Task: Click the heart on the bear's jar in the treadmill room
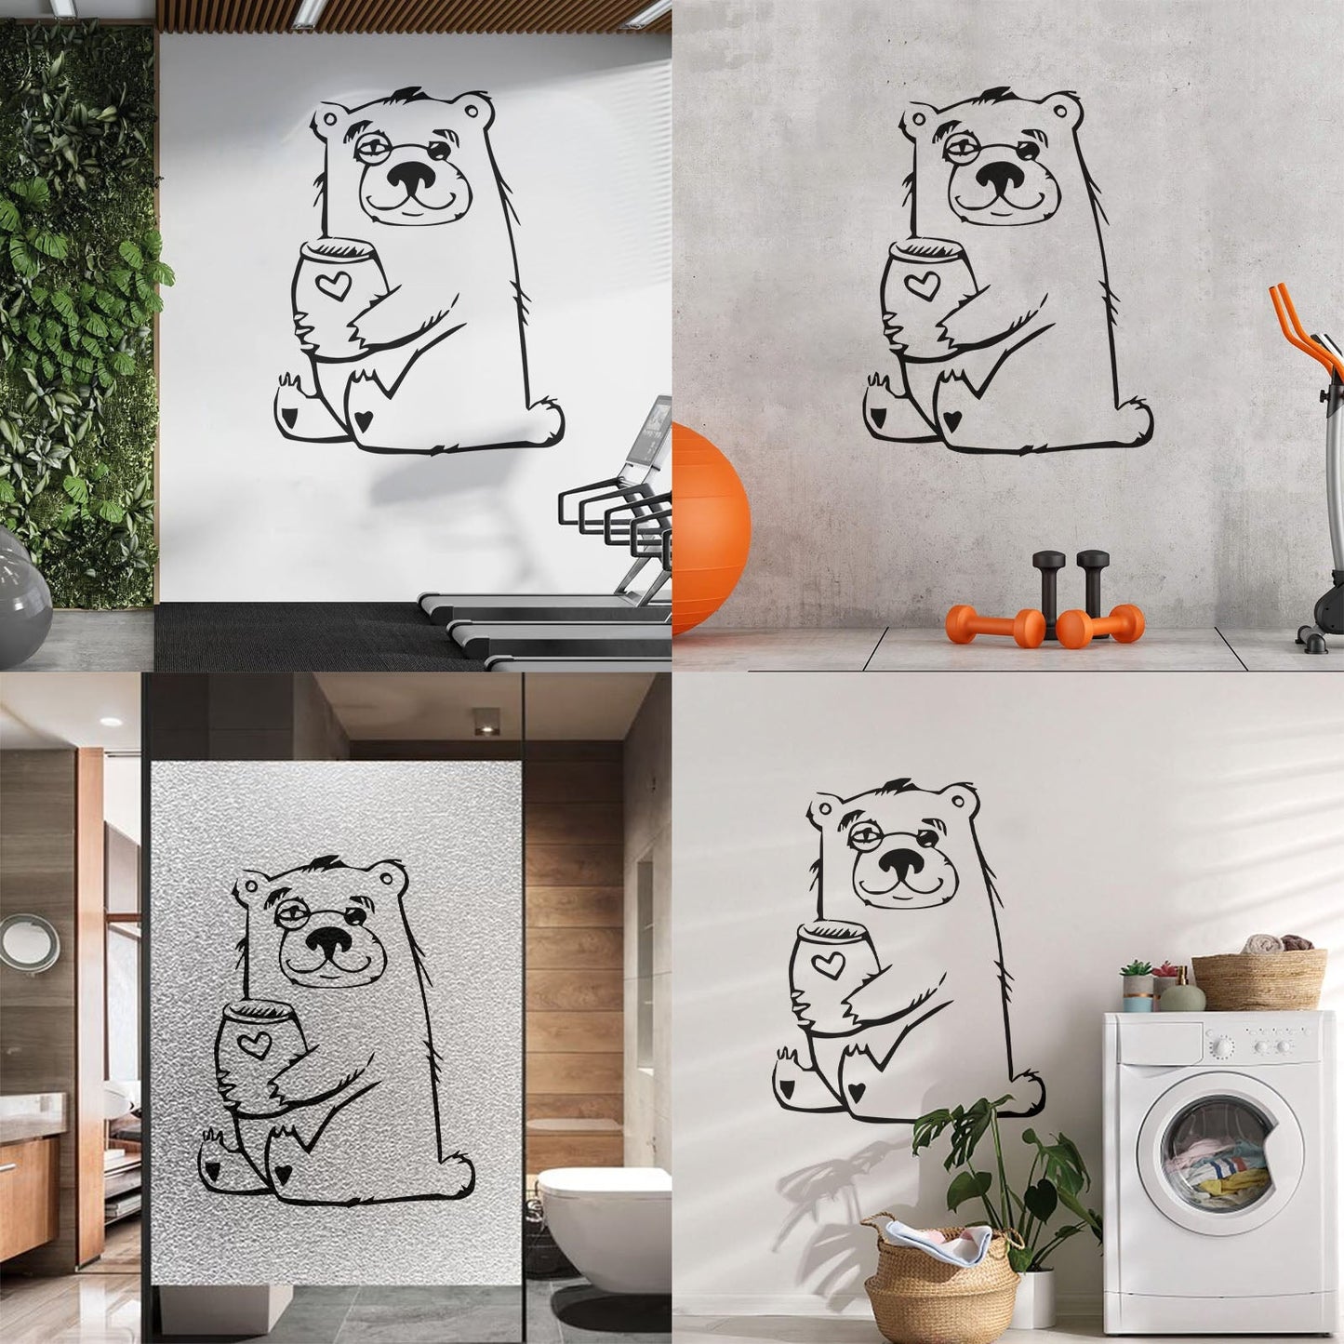(x=330, y=285)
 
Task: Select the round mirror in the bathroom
(x=30, y=942)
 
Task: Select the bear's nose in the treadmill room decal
(x=413, y=177)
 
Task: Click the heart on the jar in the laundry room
(x=825, y=964)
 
